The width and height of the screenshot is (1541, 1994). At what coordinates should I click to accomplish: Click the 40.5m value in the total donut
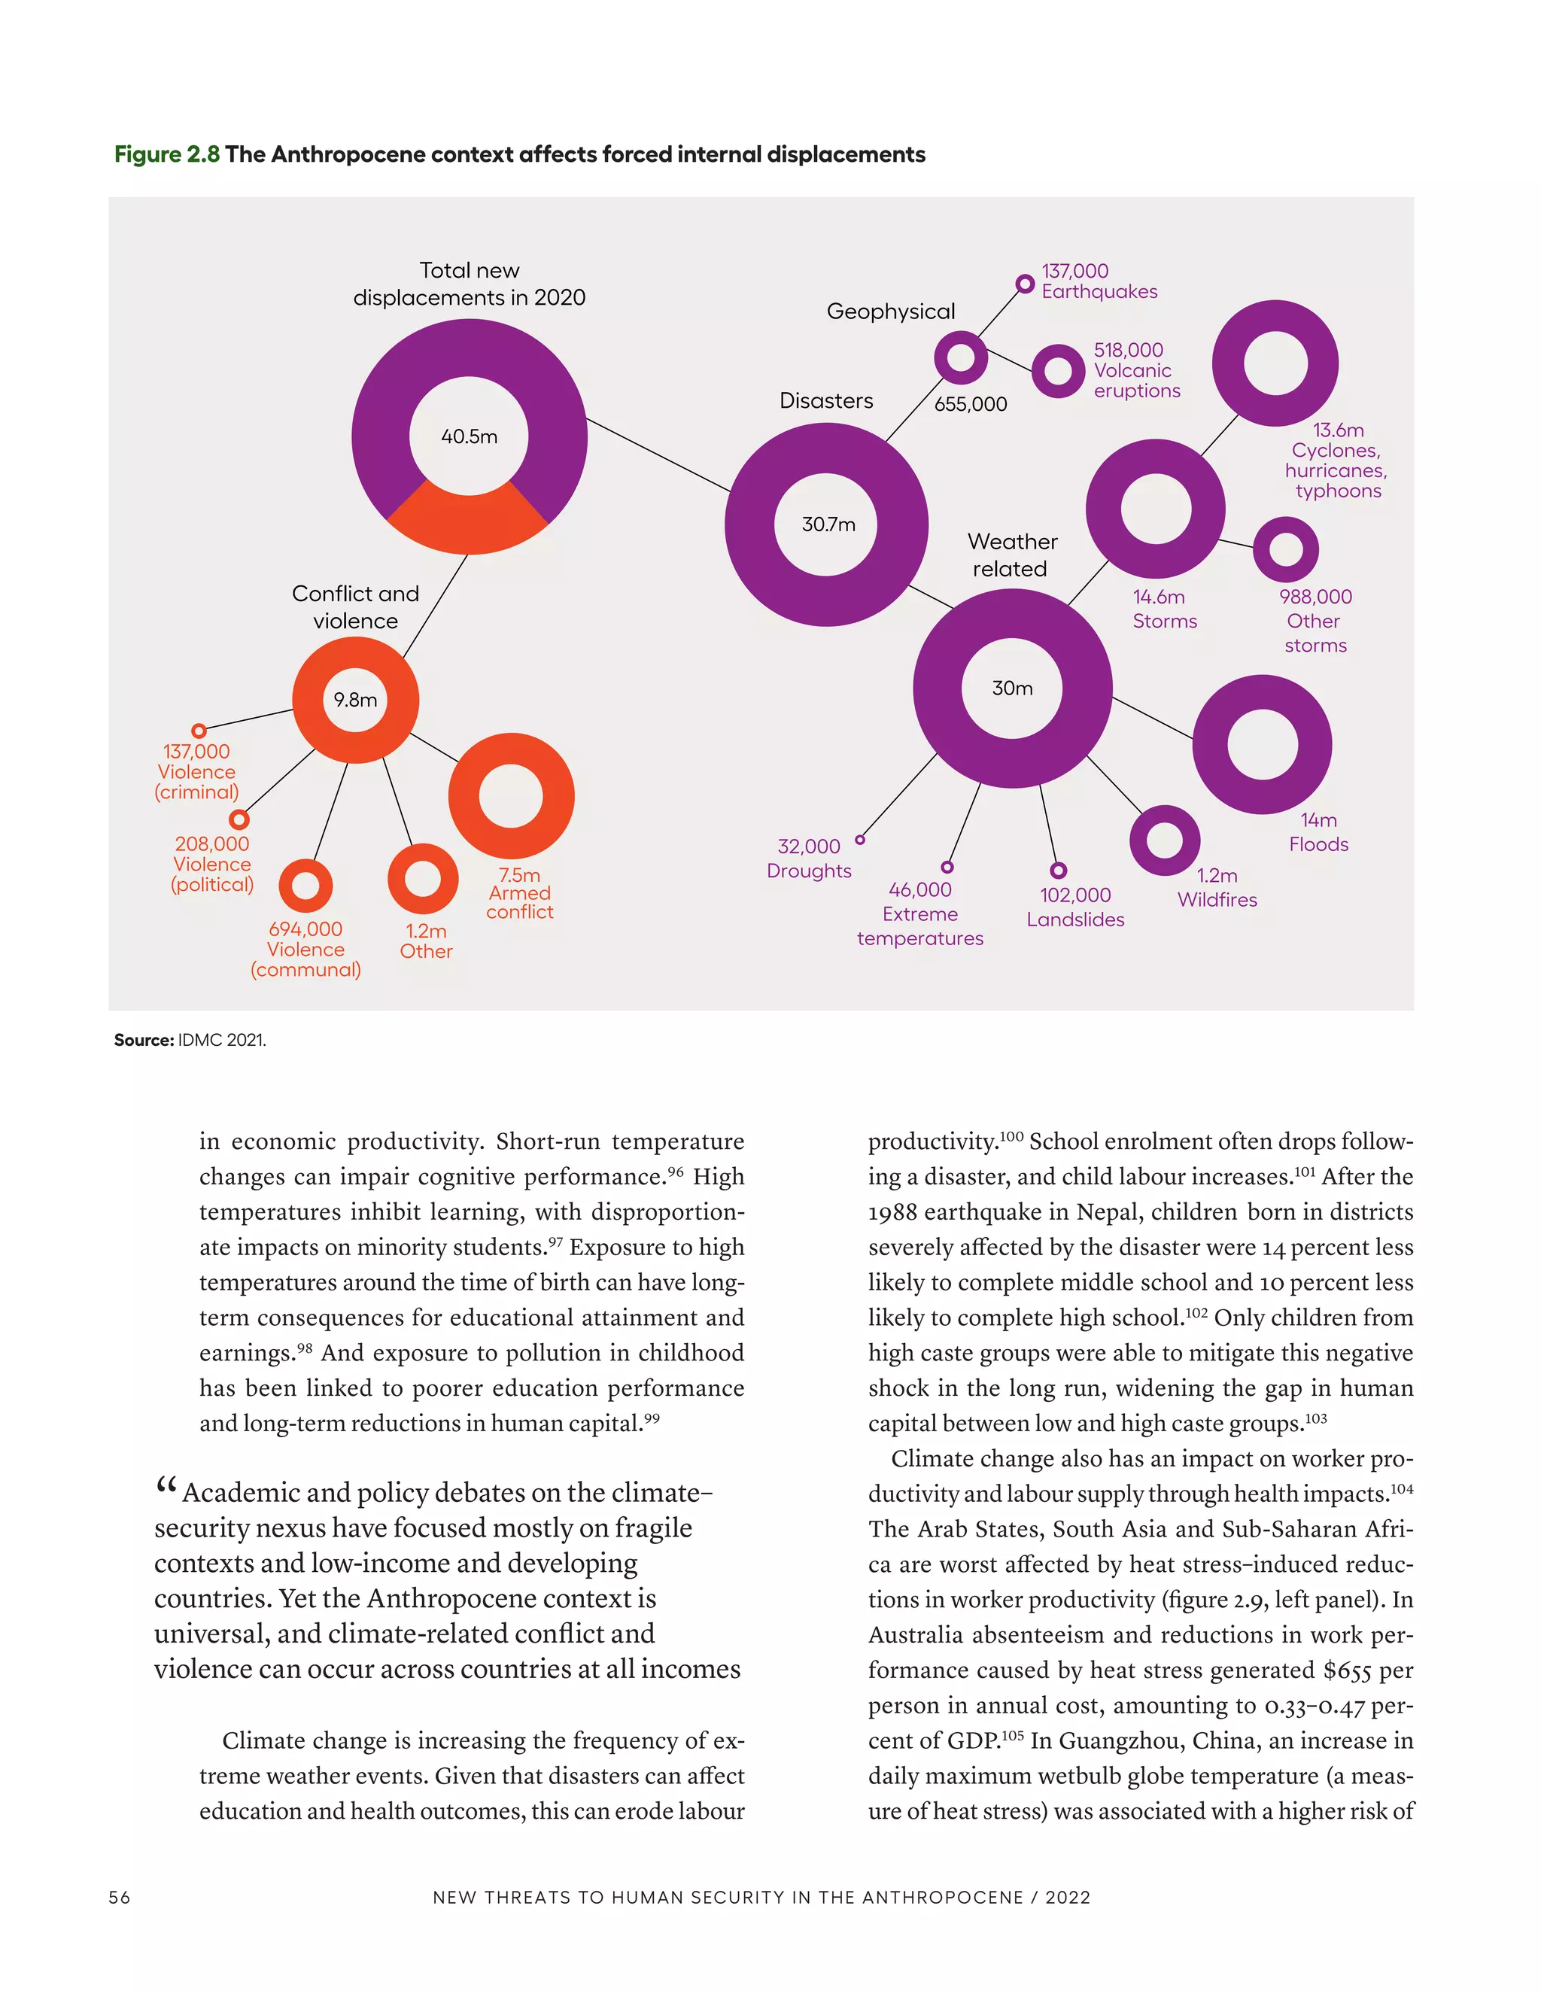(x=470, y=436)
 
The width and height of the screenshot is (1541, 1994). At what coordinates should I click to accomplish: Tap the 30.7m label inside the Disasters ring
(x=828, y=524)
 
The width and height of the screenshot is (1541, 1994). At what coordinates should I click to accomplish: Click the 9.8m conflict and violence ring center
(x=355, y=699)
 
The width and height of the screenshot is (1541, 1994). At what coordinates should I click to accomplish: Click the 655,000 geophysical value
(x=971, y=403)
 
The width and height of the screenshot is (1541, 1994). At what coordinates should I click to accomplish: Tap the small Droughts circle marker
(x=860, y=839)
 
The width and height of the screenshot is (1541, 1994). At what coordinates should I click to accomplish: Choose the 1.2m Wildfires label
(x=1217, y=887)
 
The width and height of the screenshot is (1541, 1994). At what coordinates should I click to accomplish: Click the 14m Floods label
(x=1318, y=831)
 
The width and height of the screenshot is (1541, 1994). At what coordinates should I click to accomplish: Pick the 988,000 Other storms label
(x=1315, y=621)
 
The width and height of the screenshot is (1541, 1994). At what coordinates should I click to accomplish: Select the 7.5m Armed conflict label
(x=519, y=893)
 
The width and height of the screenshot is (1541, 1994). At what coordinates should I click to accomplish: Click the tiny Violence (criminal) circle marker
(x=199, y=731)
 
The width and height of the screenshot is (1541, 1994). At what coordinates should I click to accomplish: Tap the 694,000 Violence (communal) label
(x=305, y=949)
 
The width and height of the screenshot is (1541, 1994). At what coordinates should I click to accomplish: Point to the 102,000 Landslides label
(x=1075, y=907)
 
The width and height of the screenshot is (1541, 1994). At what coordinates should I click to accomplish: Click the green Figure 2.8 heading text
(x=167, y=154)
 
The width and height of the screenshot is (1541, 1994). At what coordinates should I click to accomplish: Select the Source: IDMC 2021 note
(x=190, y=1040)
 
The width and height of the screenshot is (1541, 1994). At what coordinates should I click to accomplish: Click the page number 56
(x=120, y=1897)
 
